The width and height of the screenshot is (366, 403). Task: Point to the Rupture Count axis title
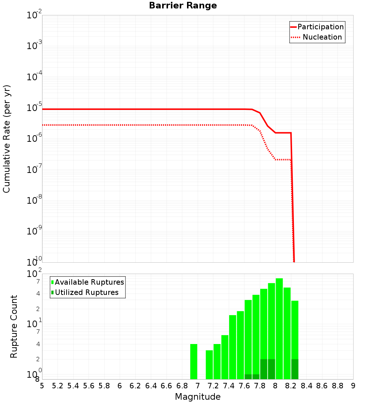pos(14,326)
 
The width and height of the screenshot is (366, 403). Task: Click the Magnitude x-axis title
pos(198,397)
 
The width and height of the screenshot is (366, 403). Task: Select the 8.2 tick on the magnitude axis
pos(291,386)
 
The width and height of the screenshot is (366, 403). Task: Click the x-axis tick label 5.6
pos(89,386)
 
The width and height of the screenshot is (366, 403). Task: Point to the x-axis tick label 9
pos(353,386)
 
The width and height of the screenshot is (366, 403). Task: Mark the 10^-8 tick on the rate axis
pos(34,200)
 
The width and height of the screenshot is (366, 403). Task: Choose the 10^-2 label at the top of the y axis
pos(34,15)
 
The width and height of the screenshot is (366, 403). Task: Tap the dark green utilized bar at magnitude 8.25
pos(295,369)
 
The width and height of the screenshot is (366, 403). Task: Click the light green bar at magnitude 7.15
pos(209,365)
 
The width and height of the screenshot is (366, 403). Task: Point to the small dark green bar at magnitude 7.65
pos(248,377)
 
